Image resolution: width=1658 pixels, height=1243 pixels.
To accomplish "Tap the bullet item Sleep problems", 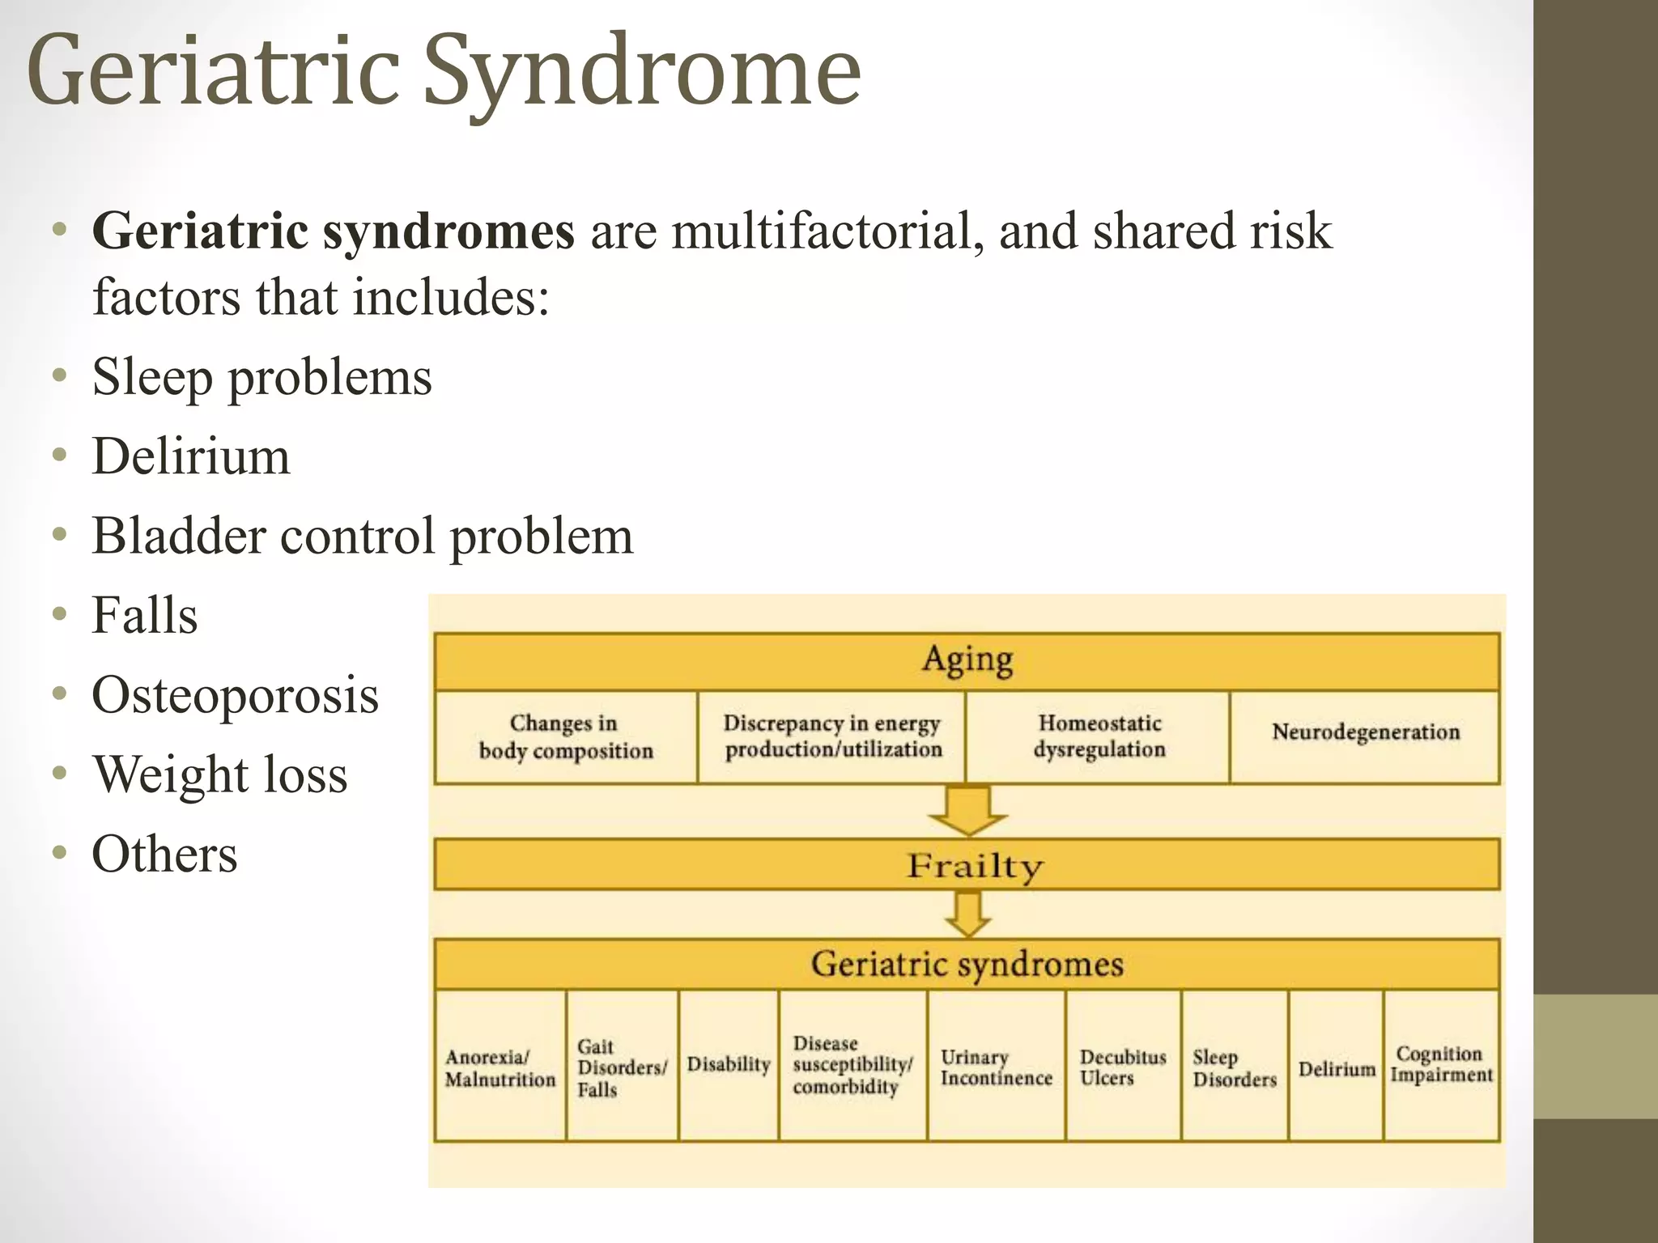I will tap(261, 377).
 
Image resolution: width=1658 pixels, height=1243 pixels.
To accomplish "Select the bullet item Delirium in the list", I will tap(191, 456).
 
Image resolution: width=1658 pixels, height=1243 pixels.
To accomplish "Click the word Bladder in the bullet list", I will tap(178, 536).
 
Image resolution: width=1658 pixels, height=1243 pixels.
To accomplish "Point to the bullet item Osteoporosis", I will tap(235, 695).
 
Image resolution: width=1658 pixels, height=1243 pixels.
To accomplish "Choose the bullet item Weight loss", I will tap(219, 774).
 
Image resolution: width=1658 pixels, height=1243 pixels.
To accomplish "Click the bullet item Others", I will tap(164, 854).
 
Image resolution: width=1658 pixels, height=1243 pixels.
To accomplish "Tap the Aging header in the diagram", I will tap(967, 660).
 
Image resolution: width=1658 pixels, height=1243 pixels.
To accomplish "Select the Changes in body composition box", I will tap(565, 736).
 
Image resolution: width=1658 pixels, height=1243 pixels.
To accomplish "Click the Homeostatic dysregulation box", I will tap(1099, 736).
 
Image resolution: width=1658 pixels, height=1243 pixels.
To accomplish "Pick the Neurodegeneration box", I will tap(1365, 732).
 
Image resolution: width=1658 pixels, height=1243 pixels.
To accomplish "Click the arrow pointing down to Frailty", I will tap(967, 810).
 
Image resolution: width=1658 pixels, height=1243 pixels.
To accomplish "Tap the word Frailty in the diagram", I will tap(974, 866).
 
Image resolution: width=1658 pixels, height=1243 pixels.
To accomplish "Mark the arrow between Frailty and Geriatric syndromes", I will tap(967, 914).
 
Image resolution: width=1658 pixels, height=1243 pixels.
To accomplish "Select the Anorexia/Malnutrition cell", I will tap(500, 1067).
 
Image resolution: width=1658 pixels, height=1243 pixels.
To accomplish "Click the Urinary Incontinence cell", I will tap(996, 1067).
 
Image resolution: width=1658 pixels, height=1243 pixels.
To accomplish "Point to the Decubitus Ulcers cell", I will tap(1122, 1067).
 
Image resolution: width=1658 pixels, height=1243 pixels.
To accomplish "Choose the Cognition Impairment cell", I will tap(1441, 1064).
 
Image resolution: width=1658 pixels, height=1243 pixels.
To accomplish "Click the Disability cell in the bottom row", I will tap(728, 1064).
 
